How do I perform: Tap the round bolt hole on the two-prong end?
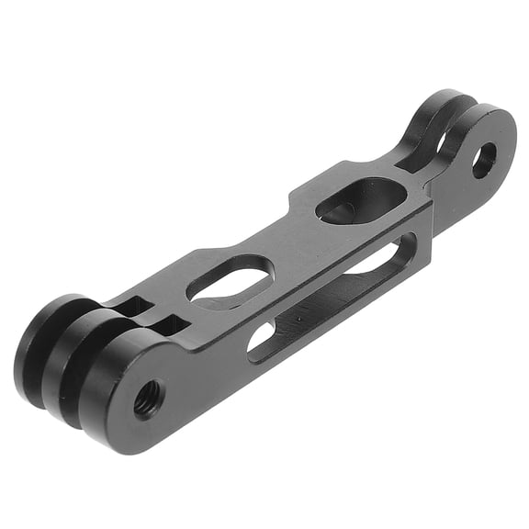(483, 160)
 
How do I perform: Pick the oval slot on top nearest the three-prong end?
(230, 281)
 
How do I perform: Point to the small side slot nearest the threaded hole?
(261, 337)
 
